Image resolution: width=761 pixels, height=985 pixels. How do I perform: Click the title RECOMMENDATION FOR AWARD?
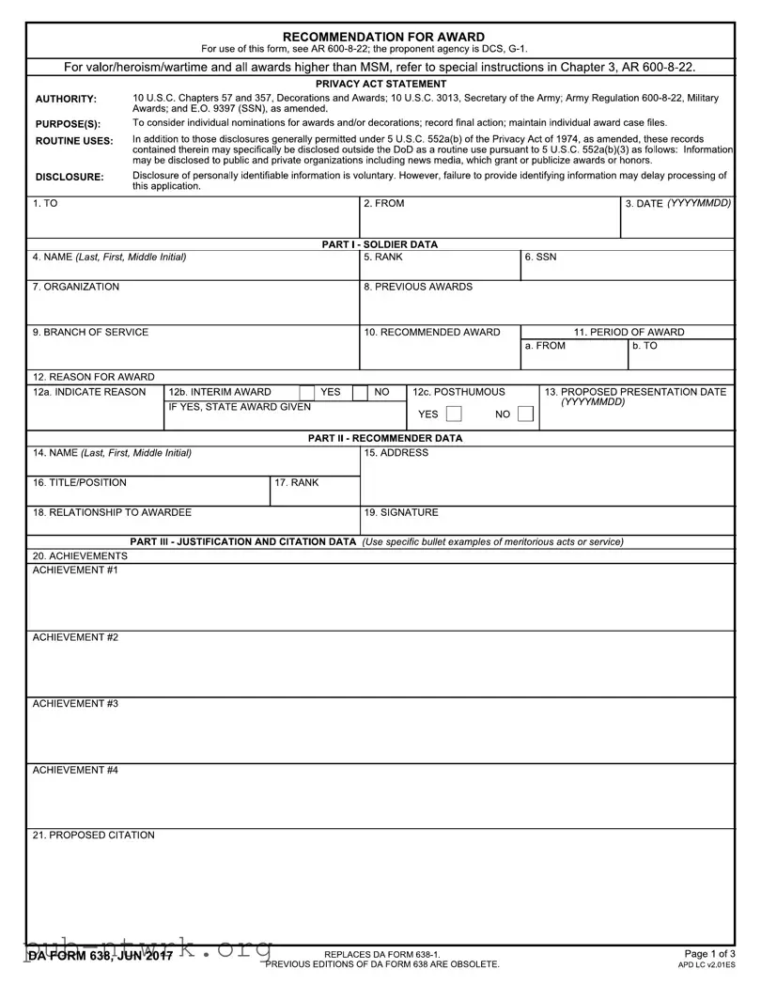click(383, 37)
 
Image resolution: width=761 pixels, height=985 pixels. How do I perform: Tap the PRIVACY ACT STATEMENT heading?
click(380, 84)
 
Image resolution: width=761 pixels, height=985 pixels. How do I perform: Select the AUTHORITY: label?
click(66, 99)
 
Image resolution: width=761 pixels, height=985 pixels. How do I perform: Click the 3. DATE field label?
click(677, 203)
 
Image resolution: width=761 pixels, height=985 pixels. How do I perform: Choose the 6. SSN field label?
click(540, 257)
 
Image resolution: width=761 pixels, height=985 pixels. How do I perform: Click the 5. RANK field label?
click(382, 257)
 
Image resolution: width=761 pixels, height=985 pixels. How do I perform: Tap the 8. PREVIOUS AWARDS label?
click(417, 287)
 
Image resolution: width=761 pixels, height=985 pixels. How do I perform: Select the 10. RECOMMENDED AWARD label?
click(431, 332)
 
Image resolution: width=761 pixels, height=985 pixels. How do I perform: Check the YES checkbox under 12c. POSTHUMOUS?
click(454, 414)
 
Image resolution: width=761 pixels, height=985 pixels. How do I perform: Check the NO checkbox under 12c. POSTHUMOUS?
click(525, 414)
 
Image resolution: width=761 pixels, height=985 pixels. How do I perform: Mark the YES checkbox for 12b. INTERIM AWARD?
click(307, 392)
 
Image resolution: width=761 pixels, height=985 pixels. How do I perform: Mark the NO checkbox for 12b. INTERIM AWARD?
click(360, 392)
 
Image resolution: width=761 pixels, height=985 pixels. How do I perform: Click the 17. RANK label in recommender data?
click(296, 482)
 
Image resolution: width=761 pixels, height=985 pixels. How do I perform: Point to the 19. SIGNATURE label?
click(400, 512)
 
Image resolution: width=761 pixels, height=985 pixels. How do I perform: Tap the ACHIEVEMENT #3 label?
click(75, 703)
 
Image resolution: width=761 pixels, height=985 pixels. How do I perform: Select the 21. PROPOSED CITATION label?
click(93, 835)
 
